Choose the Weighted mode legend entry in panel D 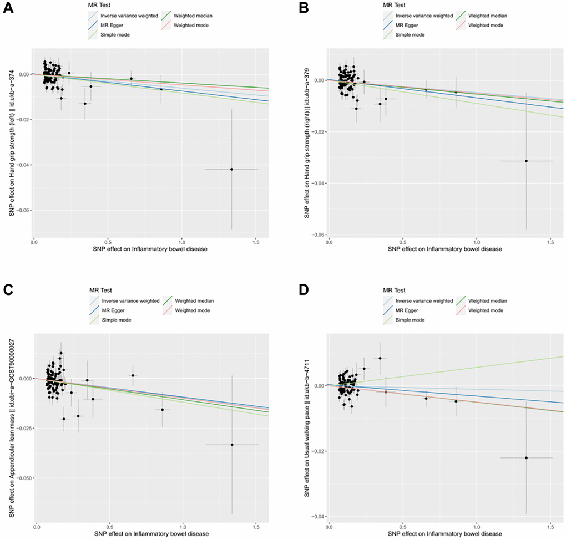click(484, 310)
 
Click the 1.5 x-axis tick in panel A click(256, 242)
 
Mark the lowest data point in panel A click(231, 169)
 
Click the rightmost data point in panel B click(526, 161)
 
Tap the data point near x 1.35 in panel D click(526, 457)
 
